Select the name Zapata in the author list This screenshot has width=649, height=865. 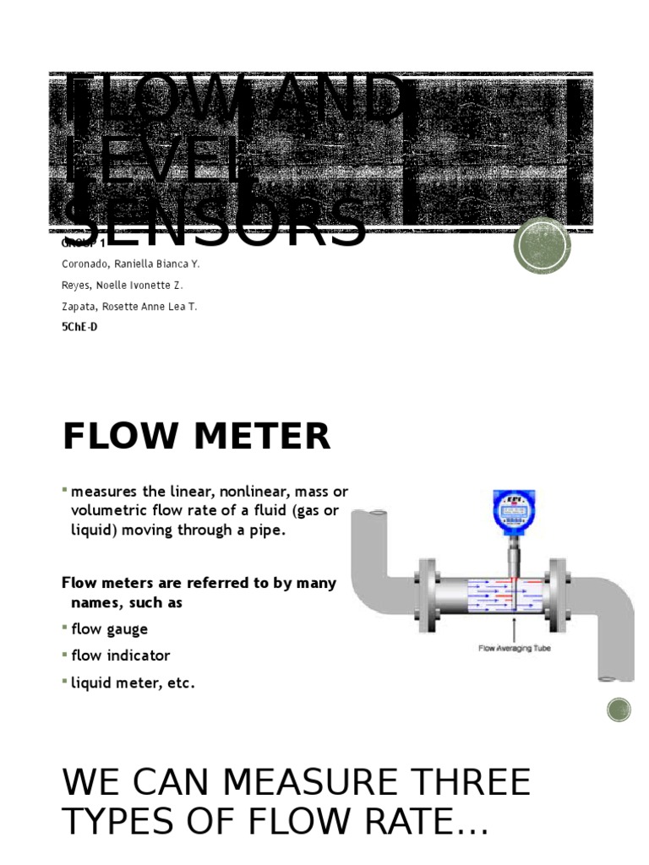tap(79, 307)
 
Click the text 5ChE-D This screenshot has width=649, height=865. tap(79, 327)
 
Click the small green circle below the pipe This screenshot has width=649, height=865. tap(619, 710)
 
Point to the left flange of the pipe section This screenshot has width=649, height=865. tap(427, 590)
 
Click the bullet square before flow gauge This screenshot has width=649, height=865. tap(65, 627)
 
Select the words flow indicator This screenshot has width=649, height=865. tap(121, 656)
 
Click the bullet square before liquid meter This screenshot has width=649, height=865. tap(65, 680)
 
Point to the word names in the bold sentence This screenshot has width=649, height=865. tap(94, 603)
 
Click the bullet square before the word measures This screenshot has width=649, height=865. tap(65, 490)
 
